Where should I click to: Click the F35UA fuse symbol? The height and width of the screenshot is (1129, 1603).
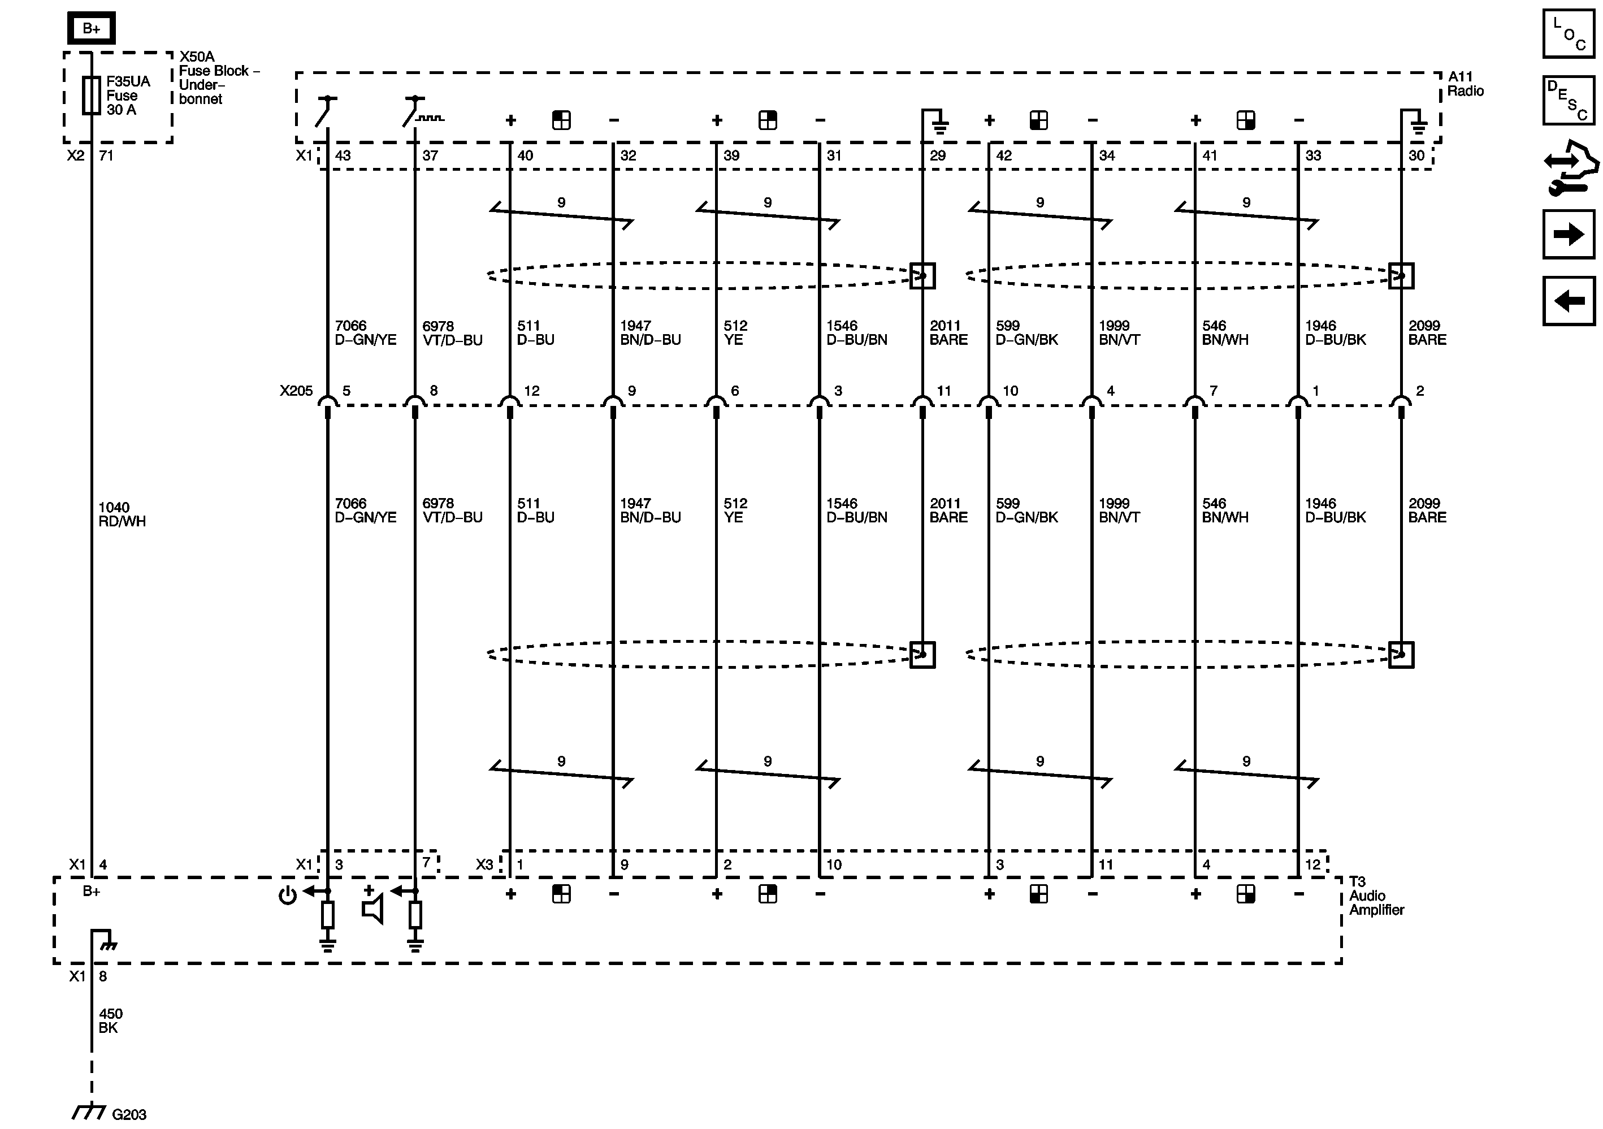(92, 95)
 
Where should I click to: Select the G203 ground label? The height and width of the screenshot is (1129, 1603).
(129, 1114)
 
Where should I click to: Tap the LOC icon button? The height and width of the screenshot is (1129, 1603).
(1568, 33)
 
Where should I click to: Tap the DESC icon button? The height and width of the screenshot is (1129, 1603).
(1568, 100)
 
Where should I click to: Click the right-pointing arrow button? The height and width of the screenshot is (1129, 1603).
(1568, 234)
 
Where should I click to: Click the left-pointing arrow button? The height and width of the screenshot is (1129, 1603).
(1568, 301)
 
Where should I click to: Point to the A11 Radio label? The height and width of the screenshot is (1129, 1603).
(1465, 84)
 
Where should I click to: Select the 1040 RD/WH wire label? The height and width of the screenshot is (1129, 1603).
(122, 514)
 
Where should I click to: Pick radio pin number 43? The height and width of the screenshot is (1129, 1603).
(343, 155)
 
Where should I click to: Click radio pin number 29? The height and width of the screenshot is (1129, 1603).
(938, 155)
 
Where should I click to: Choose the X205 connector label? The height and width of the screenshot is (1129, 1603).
(296, 391)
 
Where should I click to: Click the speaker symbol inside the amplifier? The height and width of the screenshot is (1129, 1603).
(374, 910)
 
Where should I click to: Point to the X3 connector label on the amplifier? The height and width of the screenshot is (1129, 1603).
(484, 864)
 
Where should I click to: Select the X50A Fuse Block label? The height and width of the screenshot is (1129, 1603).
(218, 77)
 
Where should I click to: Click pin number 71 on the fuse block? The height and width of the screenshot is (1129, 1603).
(106, 155)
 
